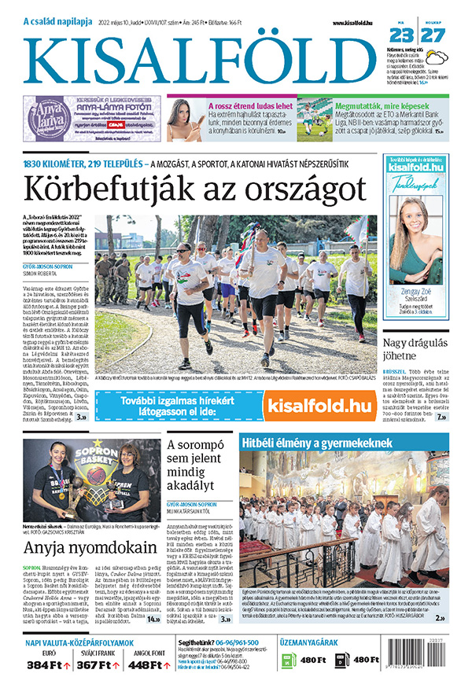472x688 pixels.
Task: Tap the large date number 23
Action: point(401,36)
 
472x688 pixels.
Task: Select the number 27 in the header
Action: point(433,36)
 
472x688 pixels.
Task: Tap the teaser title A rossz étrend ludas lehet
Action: point(250,105)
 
